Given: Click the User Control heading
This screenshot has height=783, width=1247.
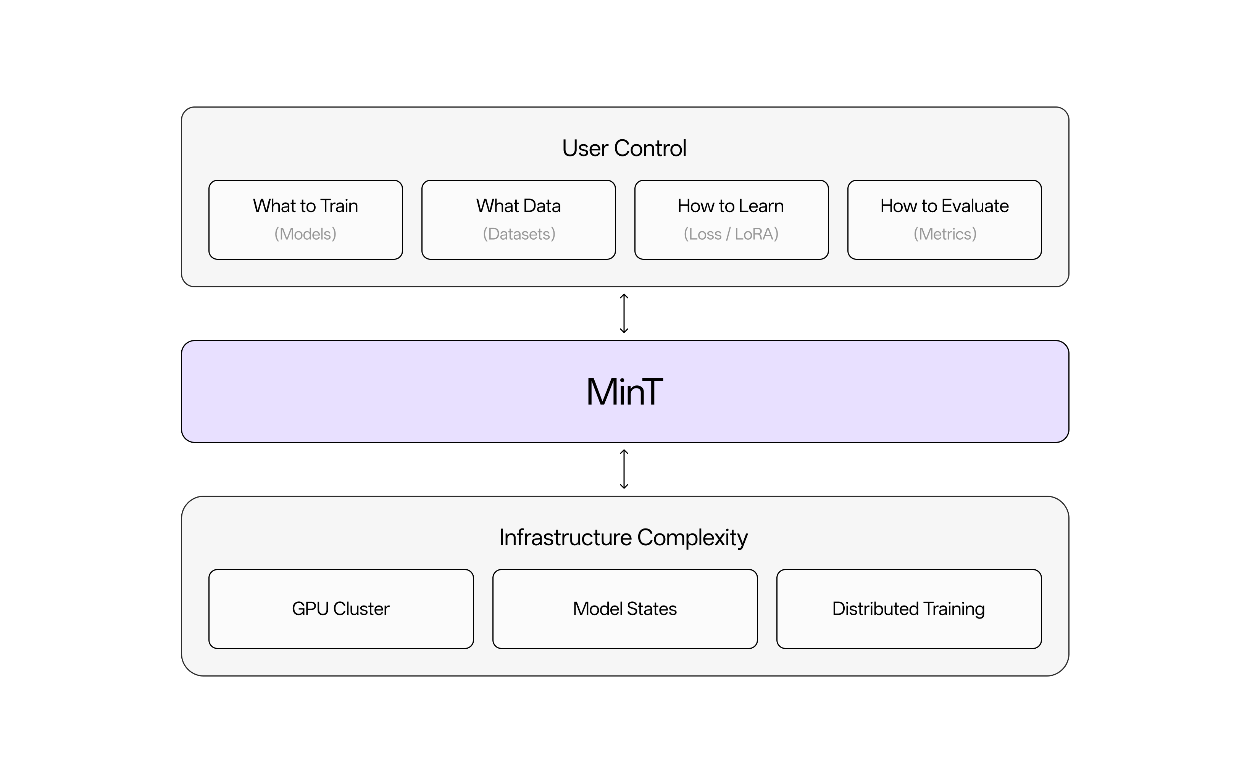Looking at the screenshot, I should (x=624, y=149).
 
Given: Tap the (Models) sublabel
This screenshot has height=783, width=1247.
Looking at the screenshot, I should (x=305, y=234).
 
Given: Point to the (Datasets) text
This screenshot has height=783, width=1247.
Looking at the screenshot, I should (x=519, y=234).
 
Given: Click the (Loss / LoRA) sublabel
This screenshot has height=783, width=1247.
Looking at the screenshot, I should (x=731, y=234).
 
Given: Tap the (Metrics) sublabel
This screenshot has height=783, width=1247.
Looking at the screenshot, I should (x=945, y=234).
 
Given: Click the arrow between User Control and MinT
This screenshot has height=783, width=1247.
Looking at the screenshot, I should (x=624, y=313).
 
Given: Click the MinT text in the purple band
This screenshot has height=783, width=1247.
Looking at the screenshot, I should (x=624, y=391).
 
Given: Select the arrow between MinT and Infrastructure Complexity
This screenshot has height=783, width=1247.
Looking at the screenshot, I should (x=624, y=469).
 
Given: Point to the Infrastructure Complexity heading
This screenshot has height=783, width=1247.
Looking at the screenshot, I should (x=624, y=538).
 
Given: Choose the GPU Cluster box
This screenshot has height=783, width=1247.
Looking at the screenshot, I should (x=341, y=609).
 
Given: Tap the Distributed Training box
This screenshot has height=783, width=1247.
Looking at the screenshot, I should (x=909, y=609).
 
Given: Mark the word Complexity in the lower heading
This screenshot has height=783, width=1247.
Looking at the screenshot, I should (x=692, y=538).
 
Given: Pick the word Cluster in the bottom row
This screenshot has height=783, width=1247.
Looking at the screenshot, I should (x=361, y=609).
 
